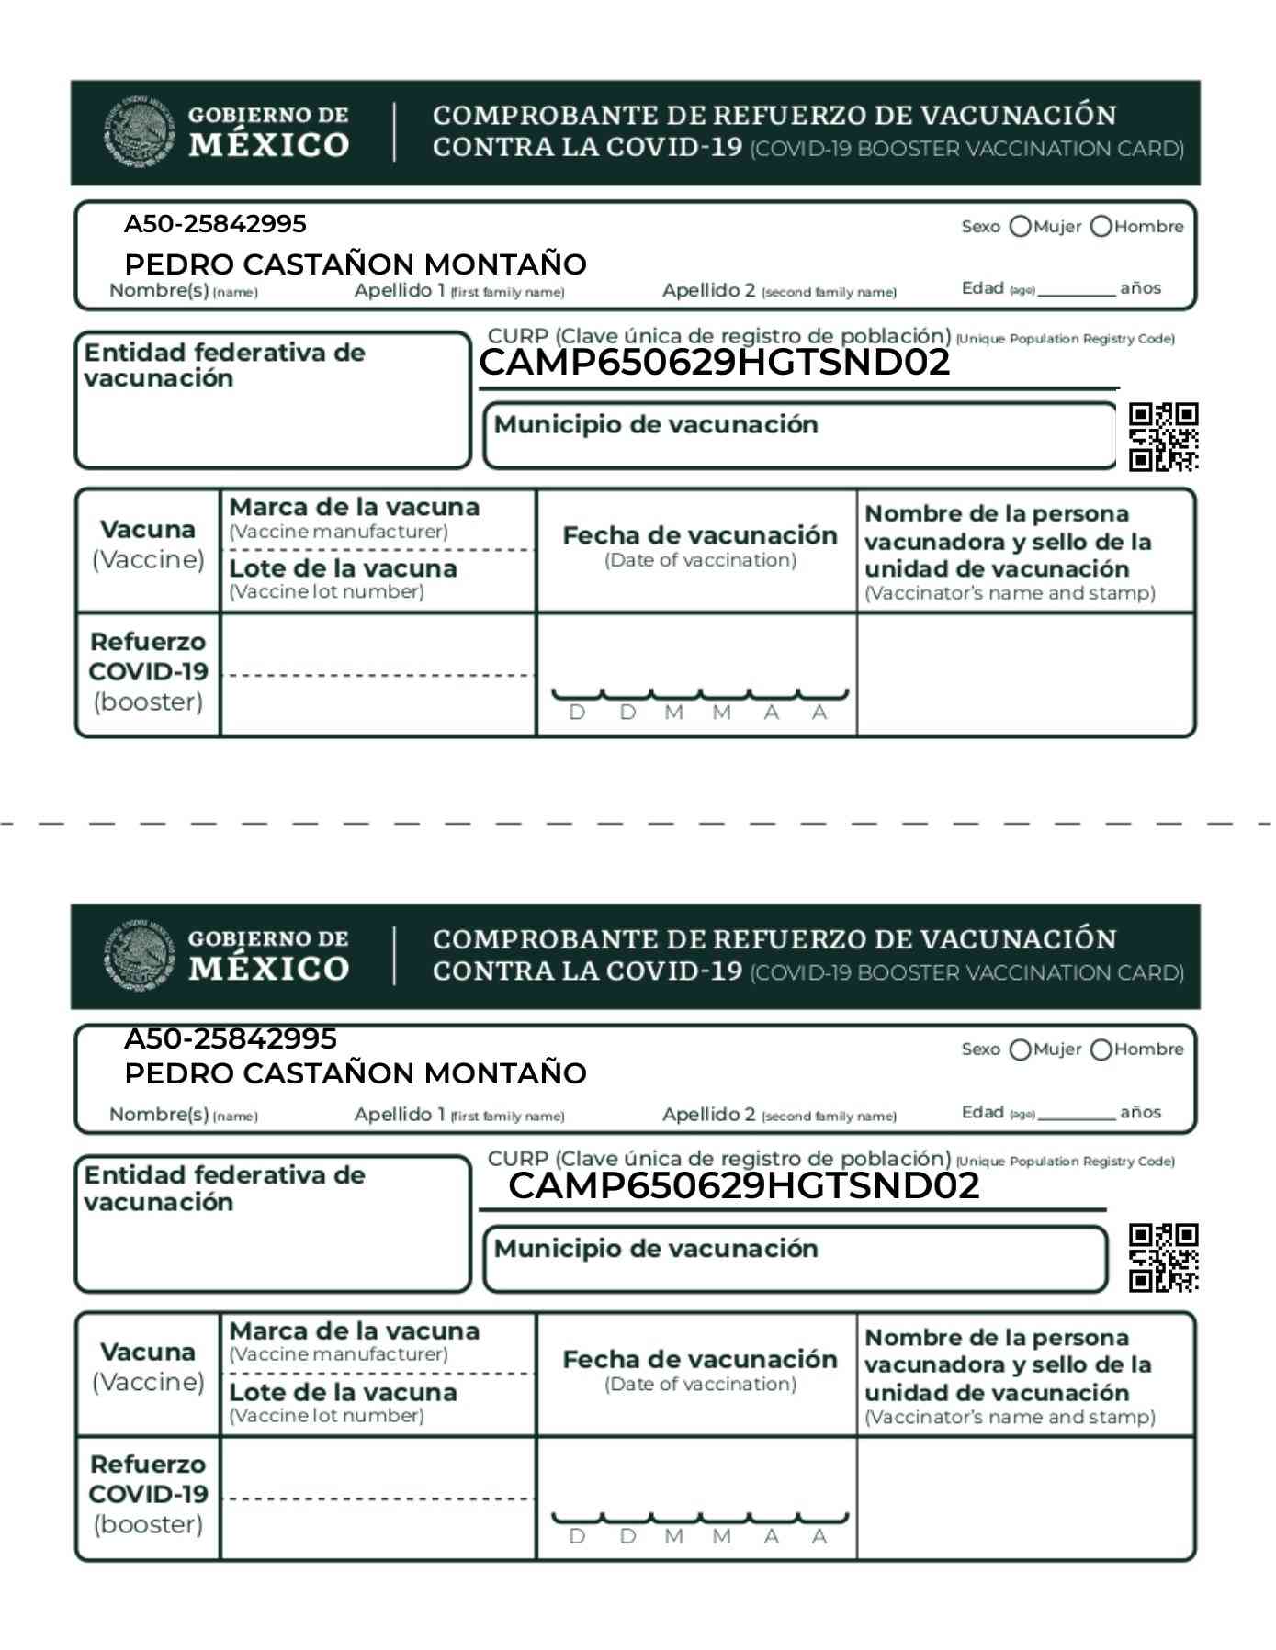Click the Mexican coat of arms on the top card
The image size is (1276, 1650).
(138, 132)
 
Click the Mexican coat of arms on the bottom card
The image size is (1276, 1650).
(138, 956)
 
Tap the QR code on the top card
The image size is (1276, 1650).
(1163, 436)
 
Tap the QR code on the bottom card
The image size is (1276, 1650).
(1163, 1257)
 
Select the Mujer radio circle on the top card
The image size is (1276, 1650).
(1020, 227)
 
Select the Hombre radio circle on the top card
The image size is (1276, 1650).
(1101, 227)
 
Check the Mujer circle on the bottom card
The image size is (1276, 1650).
(1020, 1049)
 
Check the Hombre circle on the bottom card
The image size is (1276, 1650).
(1101, 1049)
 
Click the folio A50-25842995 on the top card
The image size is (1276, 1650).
(215, 224)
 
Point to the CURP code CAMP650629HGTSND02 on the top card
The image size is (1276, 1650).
(714, 363)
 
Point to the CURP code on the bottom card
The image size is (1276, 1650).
(743, 1185)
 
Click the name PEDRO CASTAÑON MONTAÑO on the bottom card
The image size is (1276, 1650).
(355, 1072)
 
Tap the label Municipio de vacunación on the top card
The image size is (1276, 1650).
(655, 425)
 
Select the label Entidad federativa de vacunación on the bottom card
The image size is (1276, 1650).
(224, 1188)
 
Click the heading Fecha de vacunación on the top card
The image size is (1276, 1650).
(699, 536)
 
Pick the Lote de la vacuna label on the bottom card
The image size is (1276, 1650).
(343, 1392)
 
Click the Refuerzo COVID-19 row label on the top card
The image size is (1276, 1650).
(148, 672)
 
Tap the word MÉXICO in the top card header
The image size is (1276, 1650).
(268, 145)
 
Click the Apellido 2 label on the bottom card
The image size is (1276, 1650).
(708, 1115)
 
